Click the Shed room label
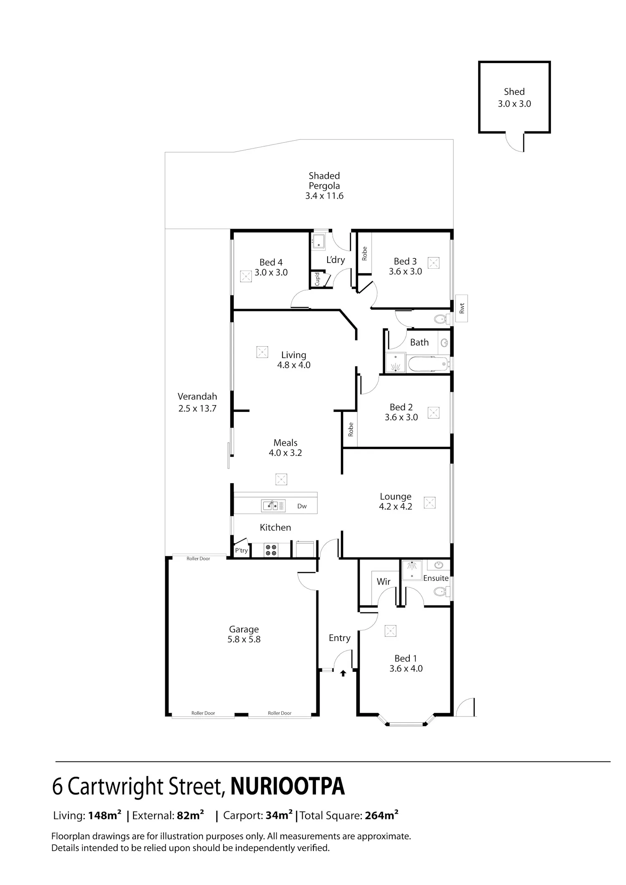click(x=514, y=91)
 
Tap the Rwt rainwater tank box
click(x=462, y=308)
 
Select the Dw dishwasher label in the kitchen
click(x=302, y=506)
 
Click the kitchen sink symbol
click(x=273, y=505)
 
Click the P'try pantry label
click(x=241, y=550)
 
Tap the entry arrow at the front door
click(x=343, y=673)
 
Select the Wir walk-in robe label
click(x=384, y=581)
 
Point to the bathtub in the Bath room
click(x=428, y=364)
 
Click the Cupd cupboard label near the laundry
click(x=317, y=279)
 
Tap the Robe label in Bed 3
click(x=364, y=253)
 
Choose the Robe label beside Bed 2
click(x=351, y=429)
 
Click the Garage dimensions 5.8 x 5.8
click(x=244, y=639)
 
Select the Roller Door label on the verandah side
click(x=199, y=558)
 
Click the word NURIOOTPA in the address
click(x=288, y=787)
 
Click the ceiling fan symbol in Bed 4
click(x=246, y=276)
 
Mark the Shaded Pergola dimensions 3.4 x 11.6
click(x=324, y=196)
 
